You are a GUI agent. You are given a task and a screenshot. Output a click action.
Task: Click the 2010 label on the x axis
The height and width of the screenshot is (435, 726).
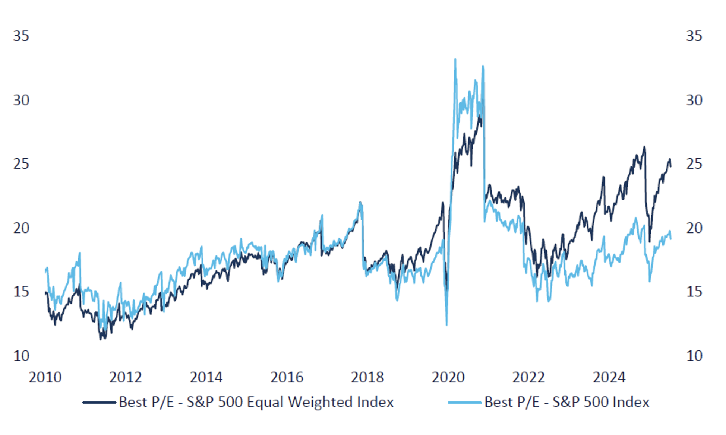(45, 377)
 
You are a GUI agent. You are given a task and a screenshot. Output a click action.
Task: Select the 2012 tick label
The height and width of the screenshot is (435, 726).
(126, 377)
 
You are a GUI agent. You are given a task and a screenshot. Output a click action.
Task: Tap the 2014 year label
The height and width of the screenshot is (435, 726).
(206, 377)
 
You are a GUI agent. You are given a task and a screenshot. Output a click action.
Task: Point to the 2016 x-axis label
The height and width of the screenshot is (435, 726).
(287, 377)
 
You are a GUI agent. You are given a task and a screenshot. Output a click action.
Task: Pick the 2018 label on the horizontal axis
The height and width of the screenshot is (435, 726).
(367, 377)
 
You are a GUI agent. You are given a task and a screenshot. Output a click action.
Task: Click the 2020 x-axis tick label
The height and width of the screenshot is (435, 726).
(448, 377)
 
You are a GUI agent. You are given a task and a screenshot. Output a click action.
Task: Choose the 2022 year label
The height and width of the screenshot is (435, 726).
(528, 377)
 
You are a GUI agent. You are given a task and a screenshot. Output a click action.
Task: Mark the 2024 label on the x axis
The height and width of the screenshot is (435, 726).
(609, 377)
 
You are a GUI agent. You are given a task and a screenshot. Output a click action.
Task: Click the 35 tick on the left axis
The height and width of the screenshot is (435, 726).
(21, 36)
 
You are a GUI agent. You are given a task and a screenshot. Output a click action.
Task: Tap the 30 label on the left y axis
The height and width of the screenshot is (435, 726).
(21, 100)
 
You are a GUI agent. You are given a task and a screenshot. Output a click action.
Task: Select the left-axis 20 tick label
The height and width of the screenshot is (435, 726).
(21, 228)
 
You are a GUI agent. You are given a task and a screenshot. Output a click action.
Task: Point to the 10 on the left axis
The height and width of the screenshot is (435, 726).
(21, 356)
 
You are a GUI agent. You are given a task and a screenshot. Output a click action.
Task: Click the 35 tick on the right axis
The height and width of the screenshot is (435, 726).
(694, 36)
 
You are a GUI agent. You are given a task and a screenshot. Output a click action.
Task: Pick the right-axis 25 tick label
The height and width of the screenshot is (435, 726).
(694, 164)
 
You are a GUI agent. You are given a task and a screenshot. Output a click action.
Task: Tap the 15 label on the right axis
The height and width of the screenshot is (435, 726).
(694, 292)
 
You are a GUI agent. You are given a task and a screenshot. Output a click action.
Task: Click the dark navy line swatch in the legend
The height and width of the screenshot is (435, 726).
(99, 402)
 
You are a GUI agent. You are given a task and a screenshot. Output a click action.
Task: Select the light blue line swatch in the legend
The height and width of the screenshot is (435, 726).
(465, 402)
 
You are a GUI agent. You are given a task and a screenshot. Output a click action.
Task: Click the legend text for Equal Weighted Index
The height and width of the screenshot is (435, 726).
(256, 402)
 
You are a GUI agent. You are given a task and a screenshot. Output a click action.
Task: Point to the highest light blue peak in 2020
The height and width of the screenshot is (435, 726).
(455, 59)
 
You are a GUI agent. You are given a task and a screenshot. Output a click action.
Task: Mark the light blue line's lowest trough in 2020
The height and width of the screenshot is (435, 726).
(446, 325)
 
